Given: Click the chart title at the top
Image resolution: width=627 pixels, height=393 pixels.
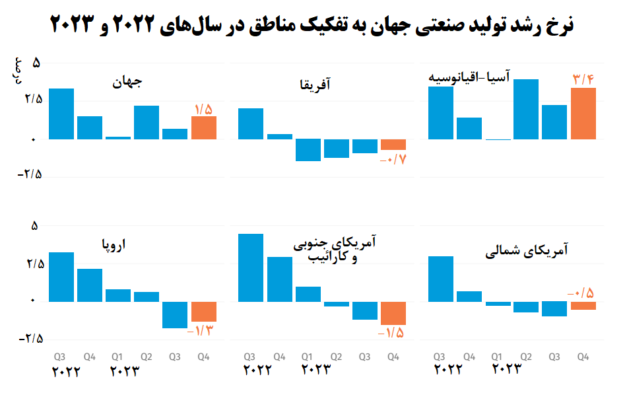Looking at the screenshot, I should tap(313, 24).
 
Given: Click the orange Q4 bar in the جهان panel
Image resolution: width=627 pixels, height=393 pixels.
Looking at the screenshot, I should tap(204, 127).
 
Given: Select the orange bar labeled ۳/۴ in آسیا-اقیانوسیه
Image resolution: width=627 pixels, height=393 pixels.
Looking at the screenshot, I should tap(583, 113).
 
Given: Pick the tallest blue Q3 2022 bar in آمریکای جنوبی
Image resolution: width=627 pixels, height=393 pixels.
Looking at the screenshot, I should tap(250, 268).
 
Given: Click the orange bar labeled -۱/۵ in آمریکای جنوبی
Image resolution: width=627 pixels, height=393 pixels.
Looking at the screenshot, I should tap(393, 313).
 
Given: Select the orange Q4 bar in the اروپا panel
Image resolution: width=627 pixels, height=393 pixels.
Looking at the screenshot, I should tap(204, 311).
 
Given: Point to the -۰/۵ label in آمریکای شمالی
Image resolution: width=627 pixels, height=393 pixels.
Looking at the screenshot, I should tap(581, 293).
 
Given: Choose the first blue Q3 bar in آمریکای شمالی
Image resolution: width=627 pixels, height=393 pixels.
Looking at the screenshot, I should tap(441, 279).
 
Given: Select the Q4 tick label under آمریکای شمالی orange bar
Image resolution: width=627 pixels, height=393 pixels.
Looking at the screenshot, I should tap(583, 357).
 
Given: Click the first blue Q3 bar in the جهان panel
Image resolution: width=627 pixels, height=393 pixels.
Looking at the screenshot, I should tap(61, 114).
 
